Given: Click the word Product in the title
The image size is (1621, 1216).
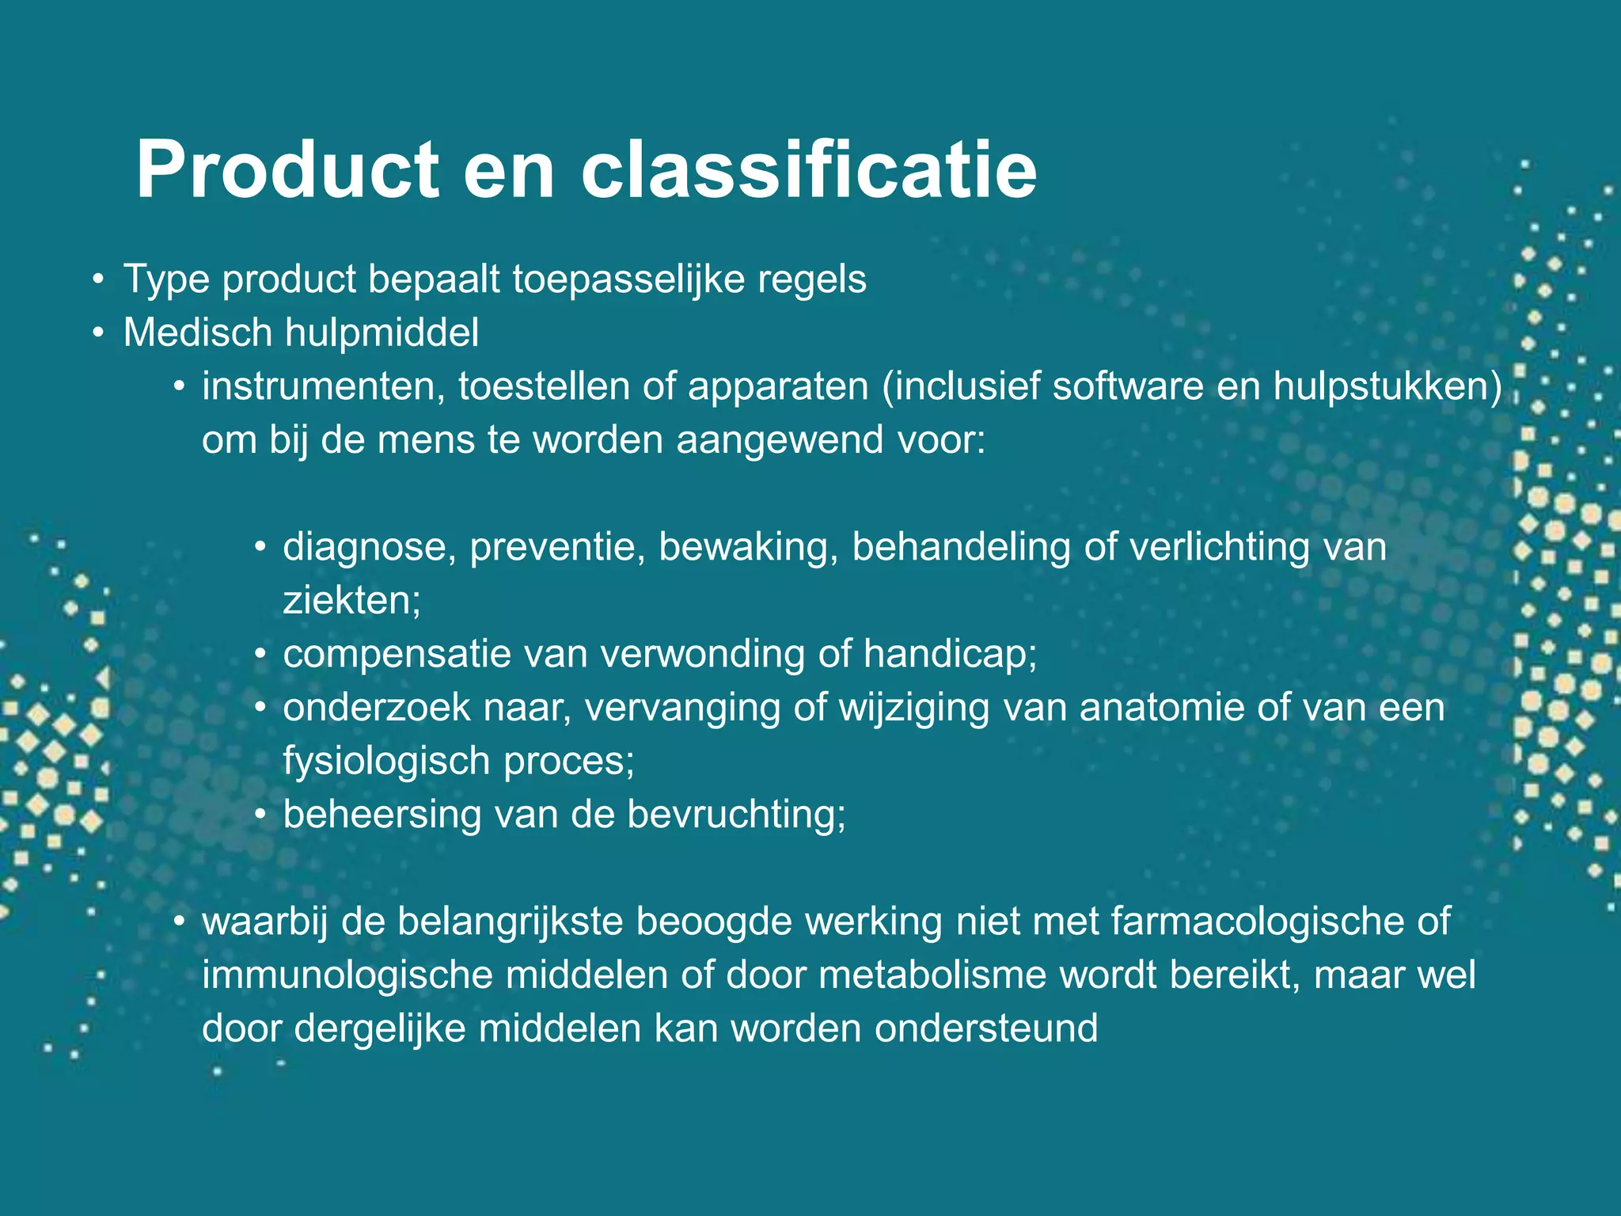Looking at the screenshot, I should pos(287,170).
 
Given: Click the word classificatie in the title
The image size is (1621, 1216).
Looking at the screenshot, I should pos(808,170).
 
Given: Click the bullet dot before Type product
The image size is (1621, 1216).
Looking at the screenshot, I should pos(97,280).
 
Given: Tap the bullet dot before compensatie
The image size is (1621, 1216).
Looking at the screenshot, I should pos(260,656).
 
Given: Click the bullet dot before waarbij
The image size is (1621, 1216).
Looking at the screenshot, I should pos(180,922).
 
